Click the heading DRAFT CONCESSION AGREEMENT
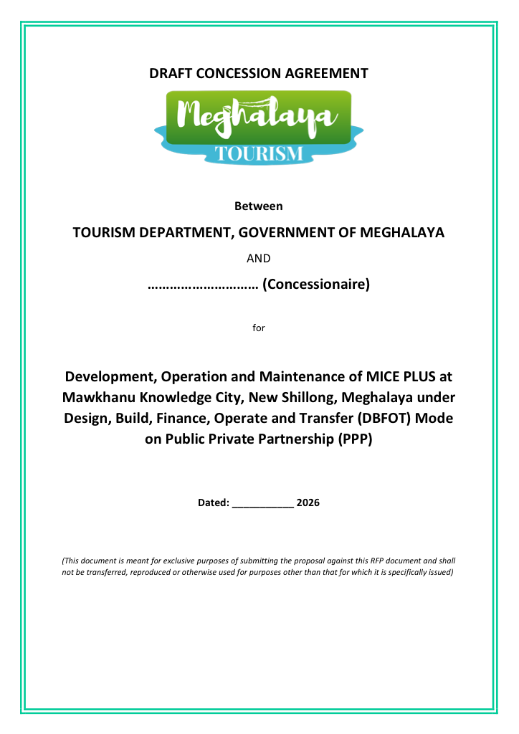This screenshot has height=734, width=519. [259, 73]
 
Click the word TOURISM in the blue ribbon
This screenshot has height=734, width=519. [259, 153]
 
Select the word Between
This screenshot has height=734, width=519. [259, 206]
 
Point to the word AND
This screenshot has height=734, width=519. [259, 258]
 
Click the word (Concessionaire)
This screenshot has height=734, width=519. [316, 285]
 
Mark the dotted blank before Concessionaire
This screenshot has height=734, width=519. [203, 286]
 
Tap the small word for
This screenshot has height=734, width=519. [259, 328]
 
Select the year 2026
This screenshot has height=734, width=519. [308, 503]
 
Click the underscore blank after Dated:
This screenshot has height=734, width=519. [262, 504]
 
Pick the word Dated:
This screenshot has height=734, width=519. [213, 503]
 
